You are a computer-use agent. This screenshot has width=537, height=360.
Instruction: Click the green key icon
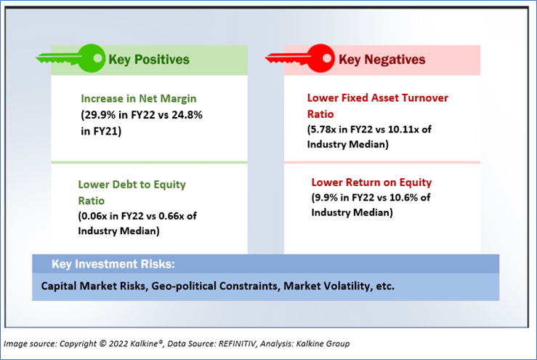pos(71,58)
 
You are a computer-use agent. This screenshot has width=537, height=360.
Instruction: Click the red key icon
pos(300,58)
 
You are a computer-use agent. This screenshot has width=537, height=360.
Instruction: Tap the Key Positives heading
pos(149,60)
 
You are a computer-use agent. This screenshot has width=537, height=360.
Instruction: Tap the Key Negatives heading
pos(382,60)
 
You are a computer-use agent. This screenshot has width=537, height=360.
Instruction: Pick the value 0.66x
pos(172,216)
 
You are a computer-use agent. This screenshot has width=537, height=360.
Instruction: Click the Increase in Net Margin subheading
pos(139,99)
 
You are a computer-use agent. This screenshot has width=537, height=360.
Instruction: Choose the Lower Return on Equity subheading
pos(371,182)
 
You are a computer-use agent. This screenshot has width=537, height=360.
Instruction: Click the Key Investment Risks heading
pos(113,264)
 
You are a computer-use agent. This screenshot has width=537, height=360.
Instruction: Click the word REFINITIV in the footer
pos(238,343)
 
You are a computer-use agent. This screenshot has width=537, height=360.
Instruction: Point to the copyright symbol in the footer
pos(102,343)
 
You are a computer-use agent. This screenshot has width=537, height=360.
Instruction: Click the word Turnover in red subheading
pos(424,98)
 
